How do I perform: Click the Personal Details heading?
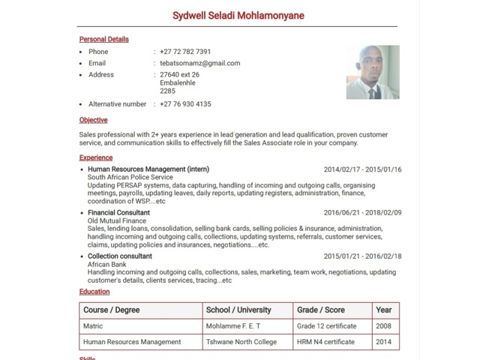tap(103, 39)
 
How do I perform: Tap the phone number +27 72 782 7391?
tap(185, 52)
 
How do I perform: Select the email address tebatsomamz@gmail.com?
tap(199, 63)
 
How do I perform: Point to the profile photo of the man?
tap(372, 73)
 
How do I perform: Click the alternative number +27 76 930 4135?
tap(185, 104)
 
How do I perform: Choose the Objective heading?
tap(93, 120)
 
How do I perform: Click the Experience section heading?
tap(95, 157)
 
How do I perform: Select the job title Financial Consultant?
tap(118, 212)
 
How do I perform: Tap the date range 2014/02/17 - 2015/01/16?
tap(362, 169)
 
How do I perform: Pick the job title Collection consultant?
tap(120, 256)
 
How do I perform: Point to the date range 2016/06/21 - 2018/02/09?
tap(362, 212)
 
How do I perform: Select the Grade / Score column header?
tap(320, 310)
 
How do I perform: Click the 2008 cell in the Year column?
tap(383, 326)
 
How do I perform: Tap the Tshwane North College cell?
tap(241, 342)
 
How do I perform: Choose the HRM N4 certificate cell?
tap(325, 342)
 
